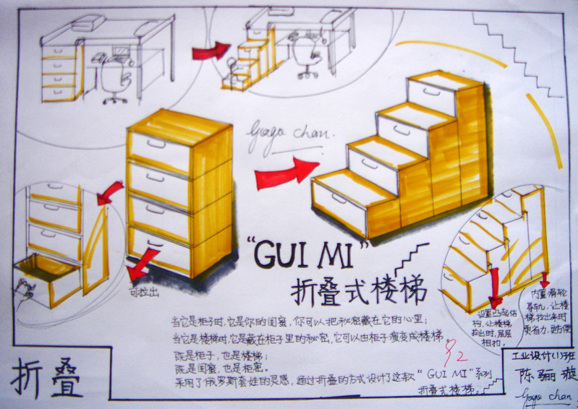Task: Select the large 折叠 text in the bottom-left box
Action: click(48, 379)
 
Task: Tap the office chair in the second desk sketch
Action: click(307, 54)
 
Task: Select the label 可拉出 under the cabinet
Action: click(143, 293)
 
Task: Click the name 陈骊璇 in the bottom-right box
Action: click(535, 376)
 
